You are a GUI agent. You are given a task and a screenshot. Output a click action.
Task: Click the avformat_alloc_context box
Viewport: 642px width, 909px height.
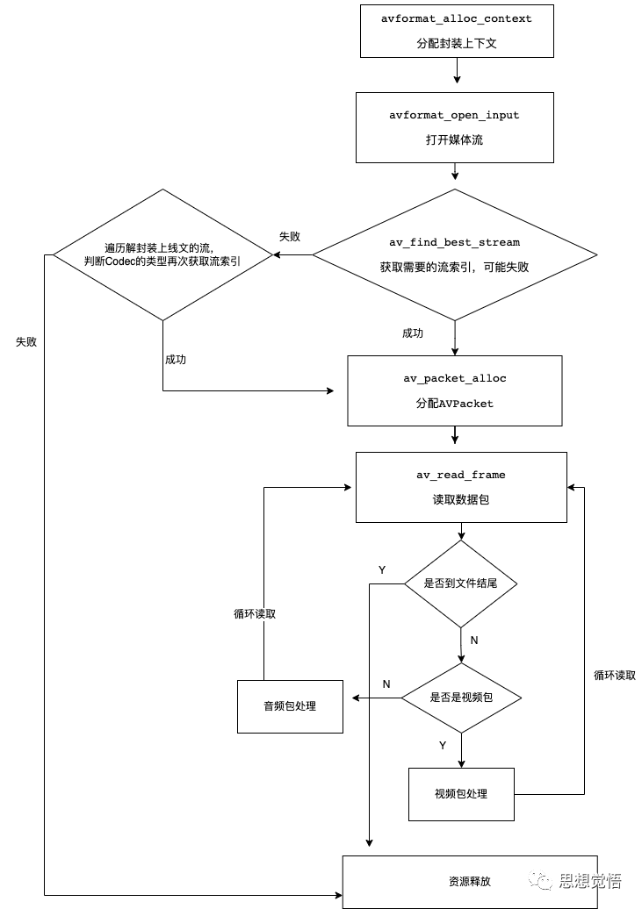(457, 31)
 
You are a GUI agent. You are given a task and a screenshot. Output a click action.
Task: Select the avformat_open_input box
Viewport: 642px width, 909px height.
(454, 127)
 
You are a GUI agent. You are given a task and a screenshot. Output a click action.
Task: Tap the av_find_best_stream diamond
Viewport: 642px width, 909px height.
(454, 254)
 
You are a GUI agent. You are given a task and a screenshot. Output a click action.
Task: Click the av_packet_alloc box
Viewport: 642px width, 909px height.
(454, 390)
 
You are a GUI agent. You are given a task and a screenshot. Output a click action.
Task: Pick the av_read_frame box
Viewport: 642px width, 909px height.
(461, 487)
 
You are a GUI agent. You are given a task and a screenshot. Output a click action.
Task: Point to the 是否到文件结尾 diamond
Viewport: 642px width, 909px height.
(460, 583)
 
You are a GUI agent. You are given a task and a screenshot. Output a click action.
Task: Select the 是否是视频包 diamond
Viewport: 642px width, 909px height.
(461, 698)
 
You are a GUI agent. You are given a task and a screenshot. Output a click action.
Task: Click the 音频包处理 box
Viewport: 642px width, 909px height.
(290, 705)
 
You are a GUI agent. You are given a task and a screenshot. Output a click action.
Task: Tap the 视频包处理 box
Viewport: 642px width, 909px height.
(461, 794)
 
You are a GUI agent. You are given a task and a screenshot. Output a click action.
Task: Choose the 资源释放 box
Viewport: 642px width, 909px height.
(470, 881)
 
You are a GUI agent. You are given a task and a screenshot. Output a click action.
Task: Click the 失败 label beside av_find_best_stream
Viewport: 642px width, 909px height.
(290, 237)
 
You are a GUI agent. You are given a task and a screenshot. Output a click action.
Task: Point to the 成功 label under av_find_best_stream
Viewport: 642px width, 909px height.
(413, 333)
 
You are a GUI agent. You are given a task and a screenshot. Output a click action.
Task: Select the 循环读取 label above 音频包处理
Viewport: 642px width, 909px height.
(249, 614)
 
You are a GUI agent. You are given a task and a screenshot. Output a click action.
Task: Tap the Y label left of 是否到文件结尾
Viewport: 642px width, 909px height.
(382, 570)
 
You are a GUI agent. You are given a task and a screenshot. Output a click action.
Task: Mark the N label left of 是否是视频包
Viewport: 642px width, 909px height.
(386, 684)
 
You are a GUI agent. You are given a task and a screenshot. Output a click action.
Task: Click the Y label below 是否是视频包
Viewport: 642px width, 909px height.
(443, 745)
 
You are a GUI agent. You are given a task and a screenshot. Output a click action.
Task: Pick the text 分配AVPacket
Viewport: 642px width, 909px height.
(454, 404)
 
